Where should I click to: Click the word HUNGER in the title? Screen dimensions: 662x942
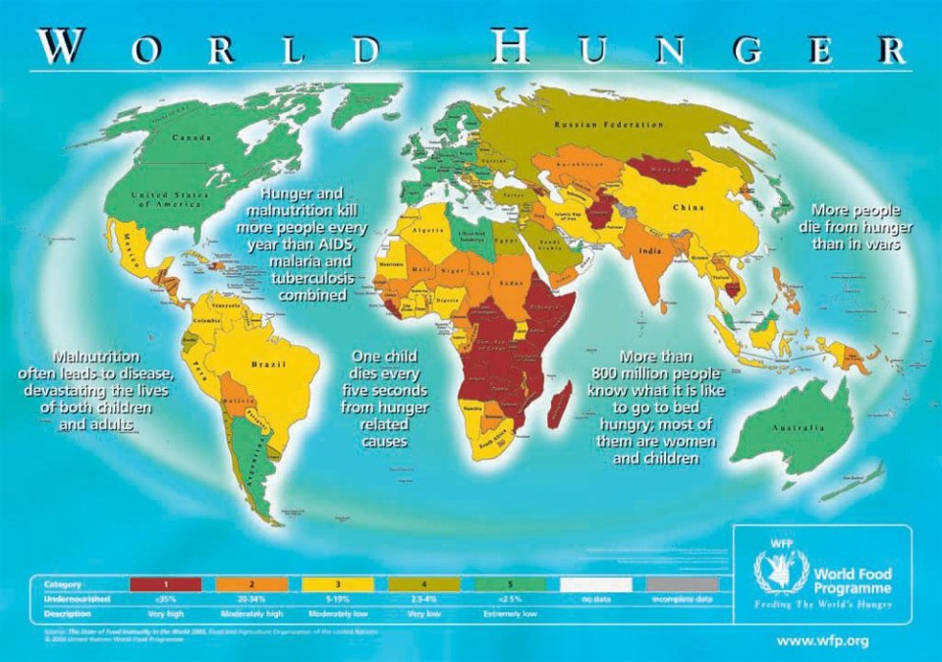(x=696, y=46)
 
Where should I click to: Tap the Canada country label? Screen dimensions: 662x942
(x=193, y=138)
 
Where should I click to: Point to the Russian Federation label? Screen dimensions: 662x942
(x=596, y=126)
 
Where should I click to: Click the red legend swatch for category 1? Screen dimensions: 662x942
(x=164, y=583)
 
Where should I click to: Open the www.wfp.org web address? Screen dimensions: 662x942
(x=822, y=641)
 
